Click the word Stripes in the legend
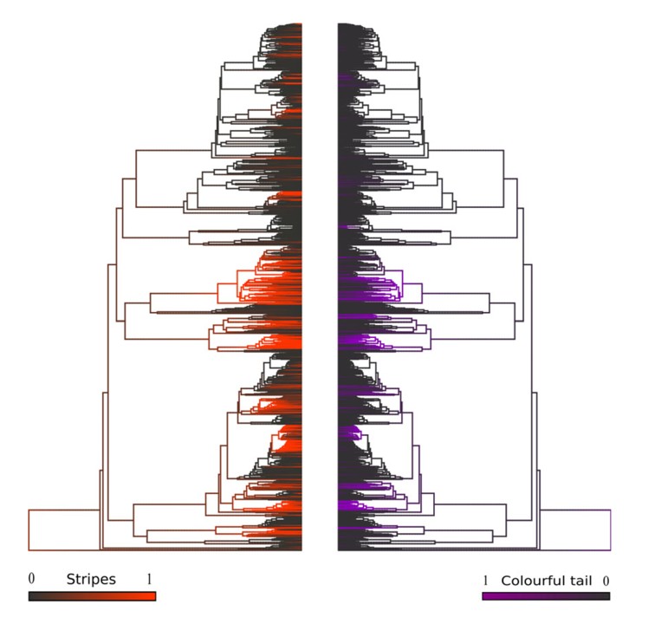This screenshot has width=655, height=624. (x=91, y=579)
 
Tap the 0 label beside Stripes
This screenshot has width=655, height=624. (x=31, y=578)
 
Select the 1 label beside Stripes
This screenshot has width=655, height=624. (x=151, y=578)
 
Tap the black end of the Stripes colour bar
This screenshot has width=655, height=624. (x=34, y=596)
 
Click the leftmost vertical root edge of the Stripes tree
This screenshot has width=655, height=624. (x=29, y=530)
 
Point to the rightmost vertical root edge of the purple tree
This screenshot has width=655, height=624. (x=611, y=530)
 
